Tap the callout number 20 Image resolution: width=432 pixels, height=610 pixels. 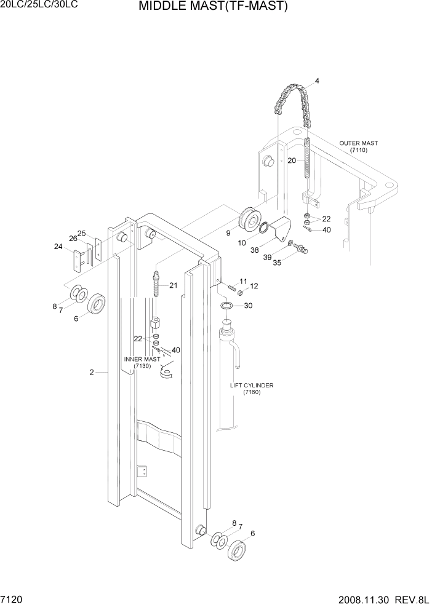coord(292,160)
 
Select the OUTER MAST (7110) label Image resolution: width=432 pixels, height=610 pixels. coord(358,146)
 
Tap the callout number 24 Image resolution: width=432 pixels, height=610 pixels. coord(58,247)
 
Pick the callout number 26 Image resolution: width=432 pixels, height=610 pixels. coord(73,239)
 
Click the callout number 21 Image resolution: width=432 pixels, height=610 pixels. coord(173,285)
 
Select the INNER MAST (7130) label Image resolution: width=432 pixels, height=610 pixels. coord(142,363)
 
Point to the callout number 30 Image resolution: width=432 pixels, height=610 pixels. coord(248,306)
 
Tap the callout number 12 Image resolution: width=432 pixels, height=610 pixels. coord(254,287)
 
